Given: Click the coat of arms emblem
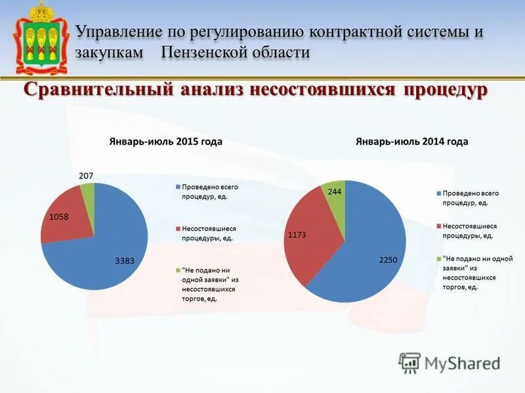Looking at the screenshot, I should (41, 39).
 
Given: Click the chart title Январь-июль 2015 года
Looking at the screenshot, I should (165, 141).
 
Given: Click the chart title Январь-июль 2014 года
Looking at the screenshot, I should (411, 141).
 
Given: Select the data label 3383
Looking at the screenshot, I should (125, 261).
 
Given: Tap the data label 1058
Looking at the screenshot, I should (58, 217).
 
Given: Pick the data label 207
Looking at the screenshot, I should (86, 176).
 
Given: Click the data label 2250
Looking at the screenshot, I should (388, 260).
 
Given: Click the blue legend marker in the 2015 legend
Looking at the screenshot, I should (177, 187).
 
